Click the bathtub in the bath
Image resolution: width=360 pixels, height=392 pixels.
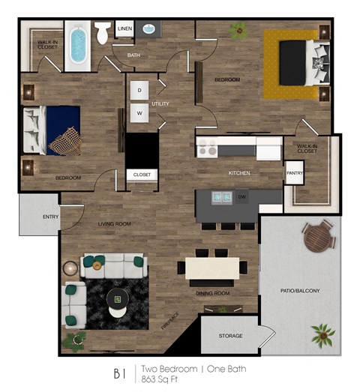click(x=77, y=45)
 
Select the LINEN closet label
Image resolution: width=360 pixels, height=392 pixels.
click(x=124, y=29)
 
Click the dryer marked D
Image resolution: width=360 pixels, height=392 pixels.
click(x=139, y=90)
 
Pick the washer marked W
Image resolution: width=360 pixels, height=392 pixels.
click(x=139, y=114)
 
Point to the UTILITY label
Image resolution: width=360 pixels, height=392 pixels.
click(x=161, y=103)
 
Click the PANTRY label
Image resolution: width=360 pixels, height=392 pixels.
click(x=294, y=173)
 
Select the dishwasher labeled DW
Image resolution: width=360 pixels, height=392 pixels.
click(x=242, y=197)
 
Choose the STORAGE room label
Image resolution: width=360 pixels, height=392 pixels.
click(x=229, y=335)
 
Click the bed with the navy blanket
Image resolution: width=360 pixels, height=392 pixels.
click(x=53, y=130)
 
